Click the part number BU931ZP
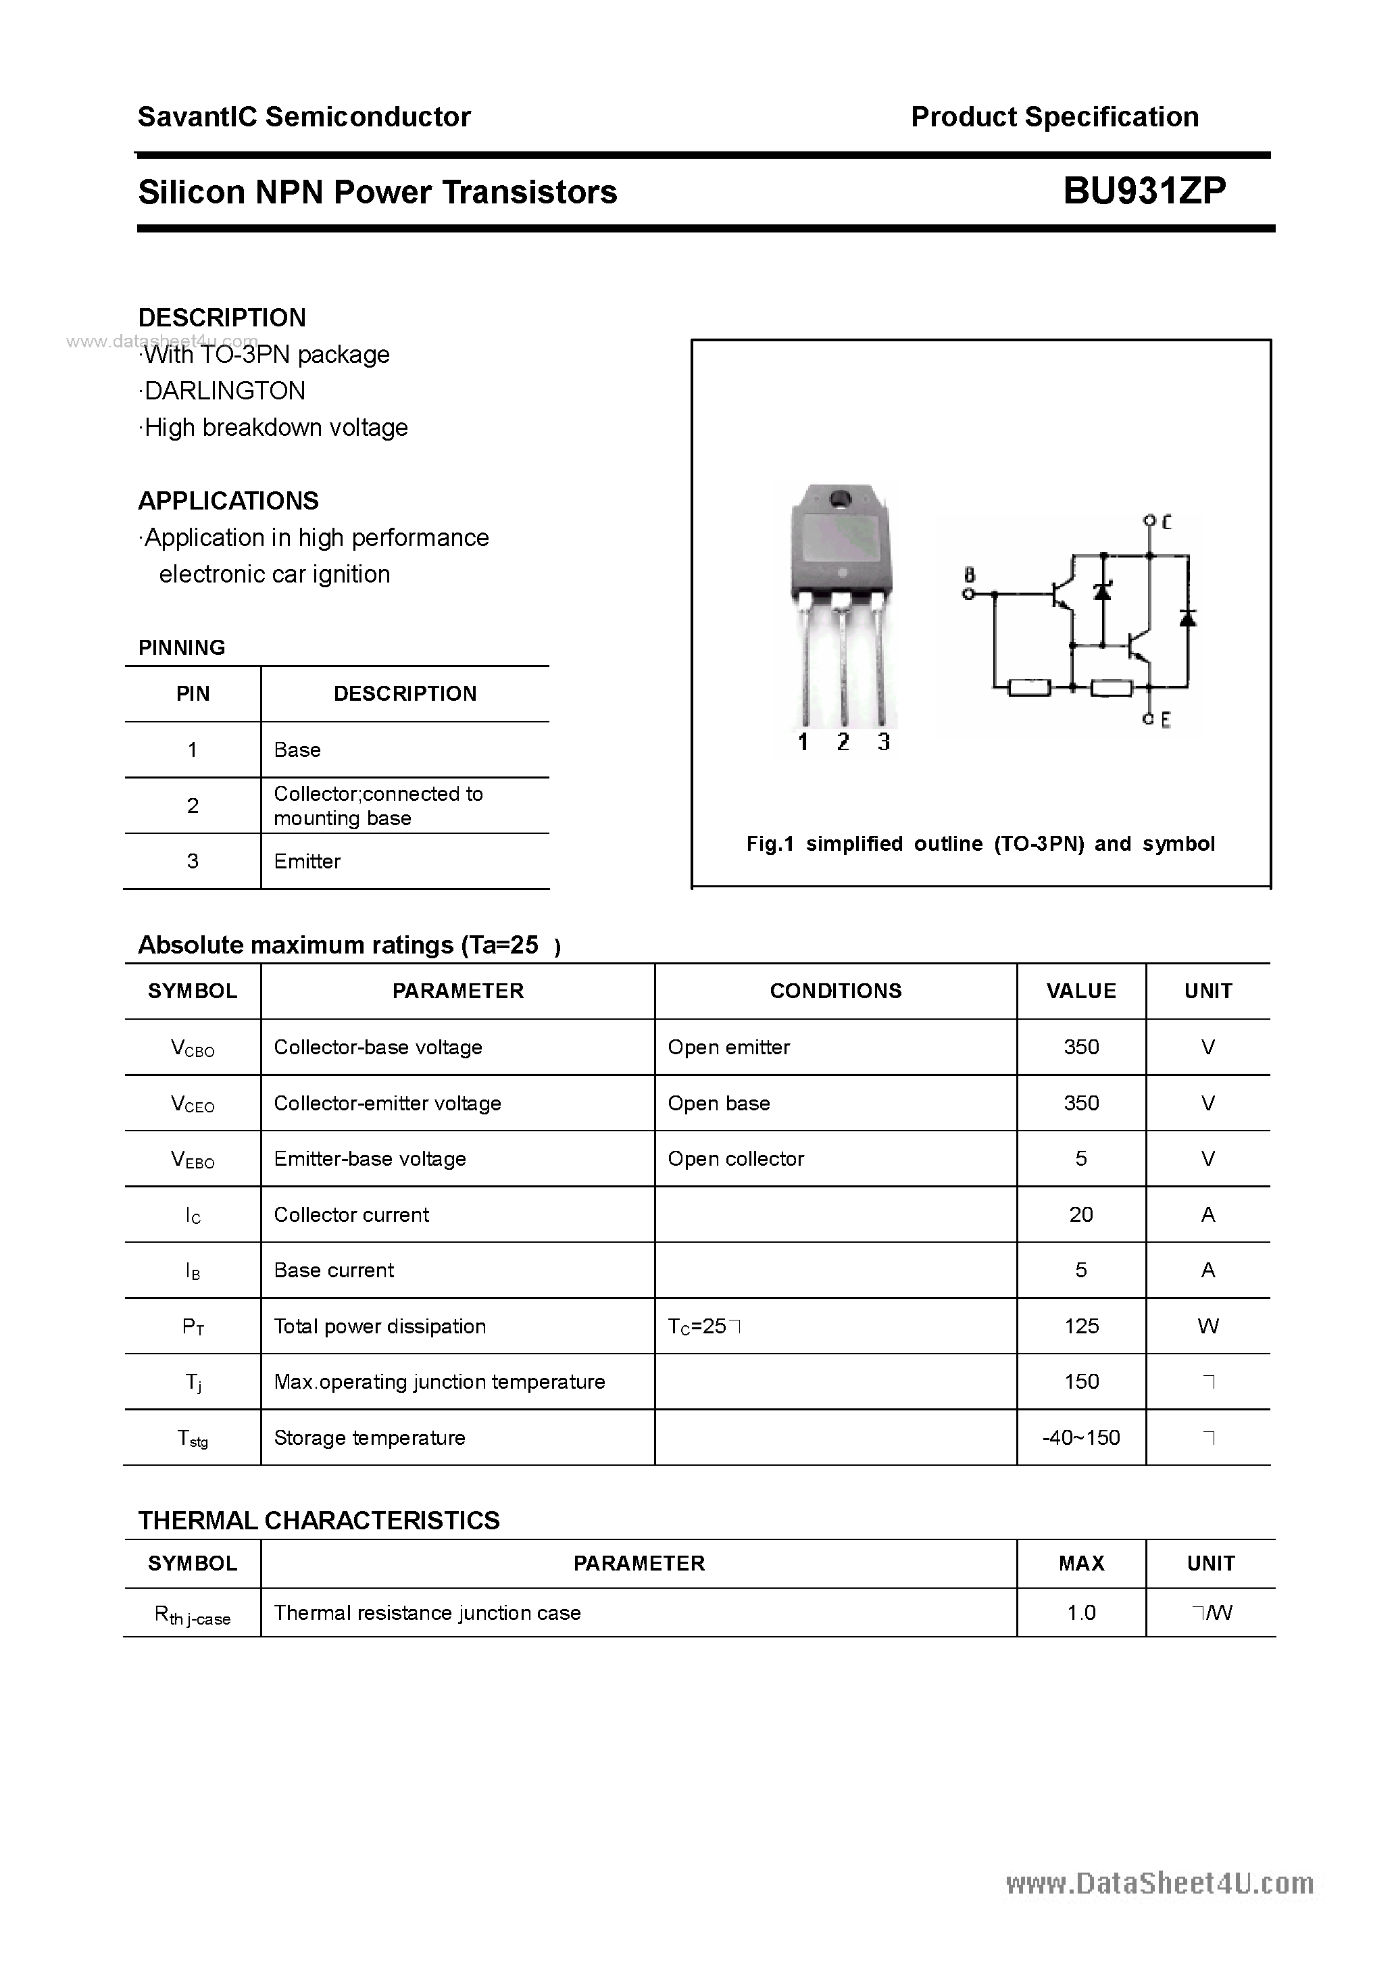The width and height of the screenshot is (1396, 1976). click(x=1144, y=191)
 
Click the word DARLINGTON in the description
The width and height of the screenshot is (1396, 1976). click(x=224, y=391)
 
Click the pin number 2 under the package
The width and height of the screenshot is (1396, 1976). click(x=843, y=742)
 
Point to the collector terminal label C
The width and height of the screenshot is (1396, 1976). click(x=1166, y=522)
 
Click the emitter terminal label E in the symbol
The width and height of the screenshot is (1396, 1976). click(x=1166, y=720)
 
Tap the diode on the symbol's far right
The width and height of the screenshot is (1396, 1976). click(x=1188, y=618)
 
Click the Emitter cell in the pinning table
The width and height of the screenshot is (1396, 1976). click(x=307, y=862)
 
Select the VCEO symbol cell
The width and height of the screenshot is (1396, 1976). click(x=193, y=1104)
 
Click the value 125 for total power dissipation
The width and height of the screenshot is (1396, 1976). click(x=1081, y=1326)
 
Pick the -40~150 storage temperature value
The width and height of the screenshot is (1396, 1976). click(x=1081, y=1437)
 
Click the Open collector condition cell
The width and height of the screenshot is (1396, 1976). click(x=736, y=1159)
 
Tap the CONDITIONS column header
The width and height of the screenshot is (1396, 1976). click(x=835, y=991)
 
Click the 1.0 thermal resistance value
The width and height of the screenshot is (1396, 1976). click(x=1081, y=1613)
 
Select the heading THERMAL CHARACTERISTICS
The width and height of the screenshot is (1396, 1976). click(x=318, y=1521)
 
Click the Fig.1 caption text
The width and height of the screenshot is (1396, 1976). click(x=980, y=844)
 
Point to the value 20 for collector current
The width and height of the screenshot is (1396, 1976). click(x=1081, y=1214)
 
